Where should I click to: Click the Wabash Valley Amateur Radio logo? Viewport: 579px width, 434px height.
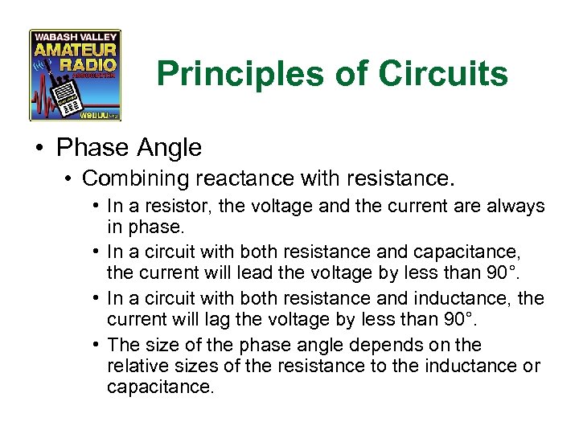(x=75, y=75)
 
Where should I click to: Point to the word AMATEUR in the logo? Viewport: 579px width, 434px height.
(x=75, y=50)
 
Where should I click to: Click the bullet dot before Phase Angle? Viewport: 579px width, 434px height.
(x=39, y=149)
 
